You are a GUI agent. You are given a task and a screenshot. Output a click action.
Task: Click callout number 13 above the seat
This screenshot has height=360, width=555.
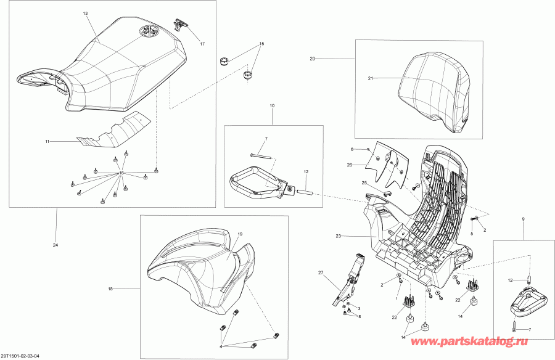coord(85,14)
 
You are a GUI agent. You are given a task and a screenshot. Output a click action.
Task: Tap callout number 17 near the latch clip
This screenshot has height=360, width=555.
coord(202,44)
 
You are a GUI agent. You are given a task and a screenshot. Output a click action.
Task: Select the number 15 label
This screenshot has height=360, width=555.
coord(261,44)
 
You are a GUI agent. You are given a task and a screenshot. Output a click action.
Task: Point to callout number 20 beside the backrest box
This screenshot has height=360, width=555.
coord(312,59)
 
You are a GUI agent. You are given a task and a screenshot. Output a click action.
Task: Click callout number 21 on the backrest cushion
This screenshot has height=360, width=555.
coord(370,78)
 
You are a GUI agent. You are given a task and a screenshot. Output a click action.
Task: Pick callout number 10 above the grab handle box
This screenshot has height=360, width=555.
coord(272,106)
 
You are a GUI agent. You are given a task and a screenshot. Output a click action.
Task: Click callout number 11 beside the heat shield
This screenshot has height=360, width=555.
coord(47,142)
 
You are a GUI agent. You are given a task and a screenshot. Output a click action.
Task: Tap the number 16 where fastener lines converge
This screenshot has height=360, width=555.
coord(121,173)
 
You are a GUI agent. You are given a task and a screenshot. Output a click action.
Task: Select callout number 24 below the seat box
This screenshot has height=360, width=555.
coord(55,245)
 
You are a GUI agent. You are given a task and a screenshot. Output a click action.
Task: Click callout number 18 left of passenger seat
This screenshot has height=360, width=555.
coord(110,289)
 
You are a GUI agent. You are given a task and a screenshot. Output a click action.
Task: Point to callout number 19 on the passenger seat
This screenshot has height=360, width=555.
coord(240,234)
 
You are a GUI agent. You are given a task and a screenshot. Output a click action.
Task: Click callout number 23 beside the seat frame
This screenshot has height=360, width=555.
coord(338,235)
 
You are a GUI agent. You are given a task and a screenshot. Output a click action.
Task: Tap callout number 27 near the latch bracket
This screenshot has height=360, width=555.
coord(321,272)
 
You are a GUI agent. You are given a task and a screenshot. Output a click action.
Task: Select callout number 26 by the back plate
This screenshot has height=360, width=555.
coord(350,165)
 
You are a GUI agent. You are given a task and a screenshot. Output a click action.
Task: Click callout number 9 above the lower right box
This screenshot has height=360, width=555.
coord(524,219)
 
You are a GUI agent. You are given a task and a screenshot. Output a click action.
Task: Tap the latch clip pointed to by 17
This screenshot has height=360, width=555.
coord(180,24)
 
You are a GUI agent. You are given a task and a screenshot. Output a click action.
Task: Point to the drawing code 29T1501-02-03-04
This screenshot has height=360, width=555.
coord(20,356)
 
